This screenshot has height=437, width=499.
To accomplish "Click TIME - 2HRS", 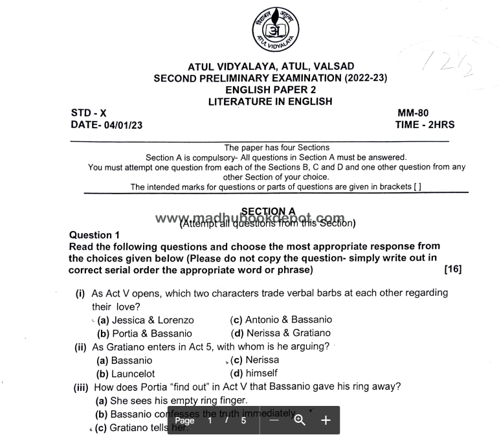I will [425, 125].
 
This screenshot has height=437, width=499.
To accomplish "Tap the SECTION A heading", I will [268, 211].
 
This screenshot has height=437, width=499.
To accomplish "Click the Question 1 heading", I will [94, 235].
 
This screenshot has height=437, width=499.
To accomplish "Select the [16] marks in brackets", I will [453, 269].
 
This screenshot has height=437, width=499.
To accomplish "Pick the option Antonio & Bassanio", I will [282, 320].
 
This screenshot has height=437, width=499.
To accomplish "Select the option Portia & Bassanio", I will [144, 334].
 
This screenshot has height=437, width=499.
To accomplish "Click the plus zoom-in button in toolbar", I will [326, 420].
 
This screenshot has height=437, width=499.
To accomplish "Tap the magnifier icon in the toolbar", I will [300, 420].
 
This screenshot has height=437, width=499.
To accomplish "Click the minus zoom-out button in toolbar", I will [274, 420].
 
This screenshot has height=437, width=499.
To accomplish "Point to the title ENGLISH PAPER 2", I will [271, 90].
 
